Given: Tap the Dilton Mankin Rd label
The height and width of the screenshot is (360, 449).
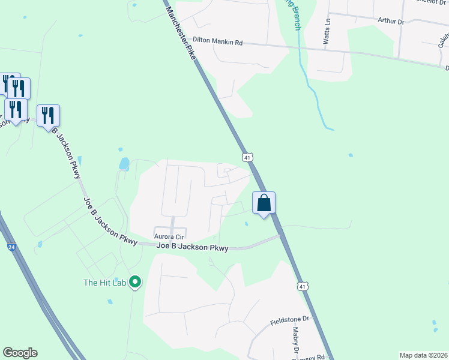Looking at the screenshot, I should [x=217, y=43].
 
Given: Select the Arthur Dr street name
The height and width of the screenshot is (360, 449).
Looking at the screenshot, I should [x=391, y=20].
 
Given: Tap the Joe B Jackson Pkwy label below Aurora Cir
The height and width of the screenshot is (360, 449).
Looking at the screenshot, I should [x=192, y=247].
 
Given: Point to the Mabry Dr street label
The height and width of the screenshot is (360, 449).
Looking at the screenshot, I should [x=295, y=340].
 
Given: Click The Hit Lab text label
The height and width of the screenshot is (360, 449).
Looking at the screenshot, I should [x=104, y=283].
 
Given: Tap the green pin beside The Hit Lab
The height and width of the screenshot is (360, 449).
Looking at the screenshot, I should [x=135, y=281].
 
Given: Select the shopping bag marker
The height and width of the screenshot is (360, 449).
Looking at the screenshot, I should [x=264, y=203].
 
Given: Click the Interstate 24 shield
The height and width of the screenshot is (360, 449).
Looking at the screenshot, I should [x=11, y=247].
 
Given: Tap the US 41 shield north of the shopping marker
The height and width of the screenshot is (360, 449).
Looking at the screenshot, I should [x=247, y=157].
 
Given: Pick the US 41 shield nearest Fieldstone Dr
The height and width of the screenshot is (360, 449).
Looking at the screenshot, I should [x=303, y=287].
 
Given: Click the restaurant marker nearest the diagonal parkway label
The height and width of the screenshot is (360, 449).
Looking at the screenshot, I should [x=48, y=115].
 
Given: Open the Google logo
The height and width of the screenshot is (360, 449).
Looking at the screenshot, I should [x=20, y=353].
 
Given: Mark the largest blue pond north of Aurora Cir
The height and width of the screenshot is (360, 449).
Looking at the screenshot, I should [x=124, y=163].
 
